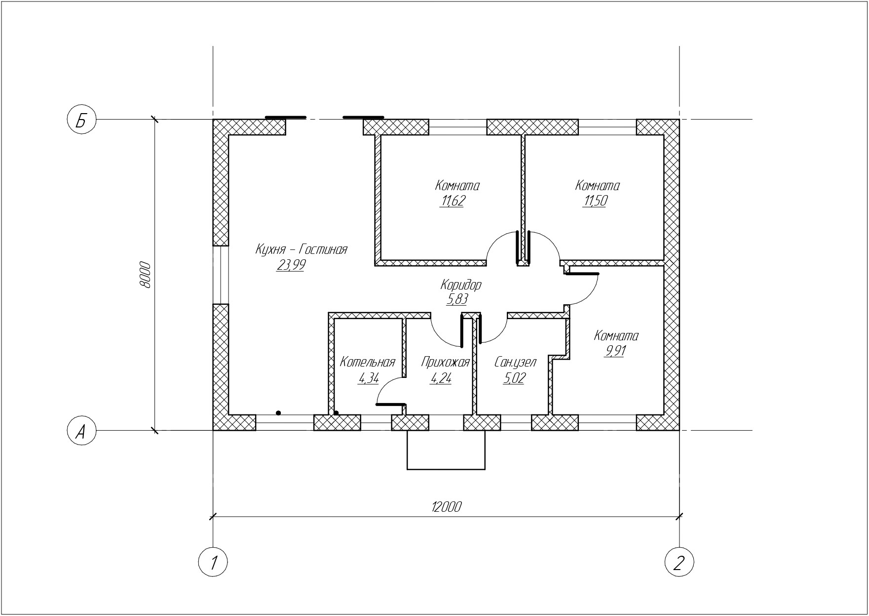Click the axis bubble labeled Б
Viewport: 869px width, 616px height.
[x=81, y=120]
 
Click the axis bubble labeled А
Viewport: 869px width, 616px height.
[x=81, y=431]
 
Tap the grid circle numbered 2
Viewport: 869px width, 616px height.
[x=679, y=562]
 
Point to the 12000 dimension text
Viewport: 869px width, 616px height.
[x=446, y=507]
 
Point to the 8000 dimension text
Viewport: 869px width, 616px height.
[x=145, y=274]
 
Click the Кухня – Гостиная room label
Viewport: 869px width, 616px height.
[x=301, y=249]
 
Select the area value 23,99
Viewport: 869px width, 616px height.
[x=291, y=265]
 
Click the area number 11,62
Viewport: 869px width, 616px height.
[x=452, y=201]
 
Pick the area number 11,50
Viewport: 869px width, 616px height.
[x=595, y=201]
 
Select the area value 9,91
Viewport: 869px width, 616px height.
[x=614, y=351]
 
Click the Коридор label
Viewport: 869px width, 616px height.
[x=461, y=285]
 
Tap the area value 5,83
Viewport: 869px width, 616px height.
[x=457, y=299]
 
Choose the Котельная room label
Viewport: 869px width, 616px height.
[x=368, y=362]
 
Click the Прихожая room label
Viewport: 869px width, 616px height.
[x=445, y=363]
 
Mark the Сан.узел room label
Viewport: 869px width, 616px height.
[x=515, y=362]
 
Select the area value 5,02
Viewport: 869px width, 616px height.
[x=514, y=378]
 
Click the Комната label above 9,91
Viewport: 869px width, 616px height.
[x=616, y=336]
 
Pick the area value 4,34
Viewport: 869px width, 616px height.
[x=369, y=378]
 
